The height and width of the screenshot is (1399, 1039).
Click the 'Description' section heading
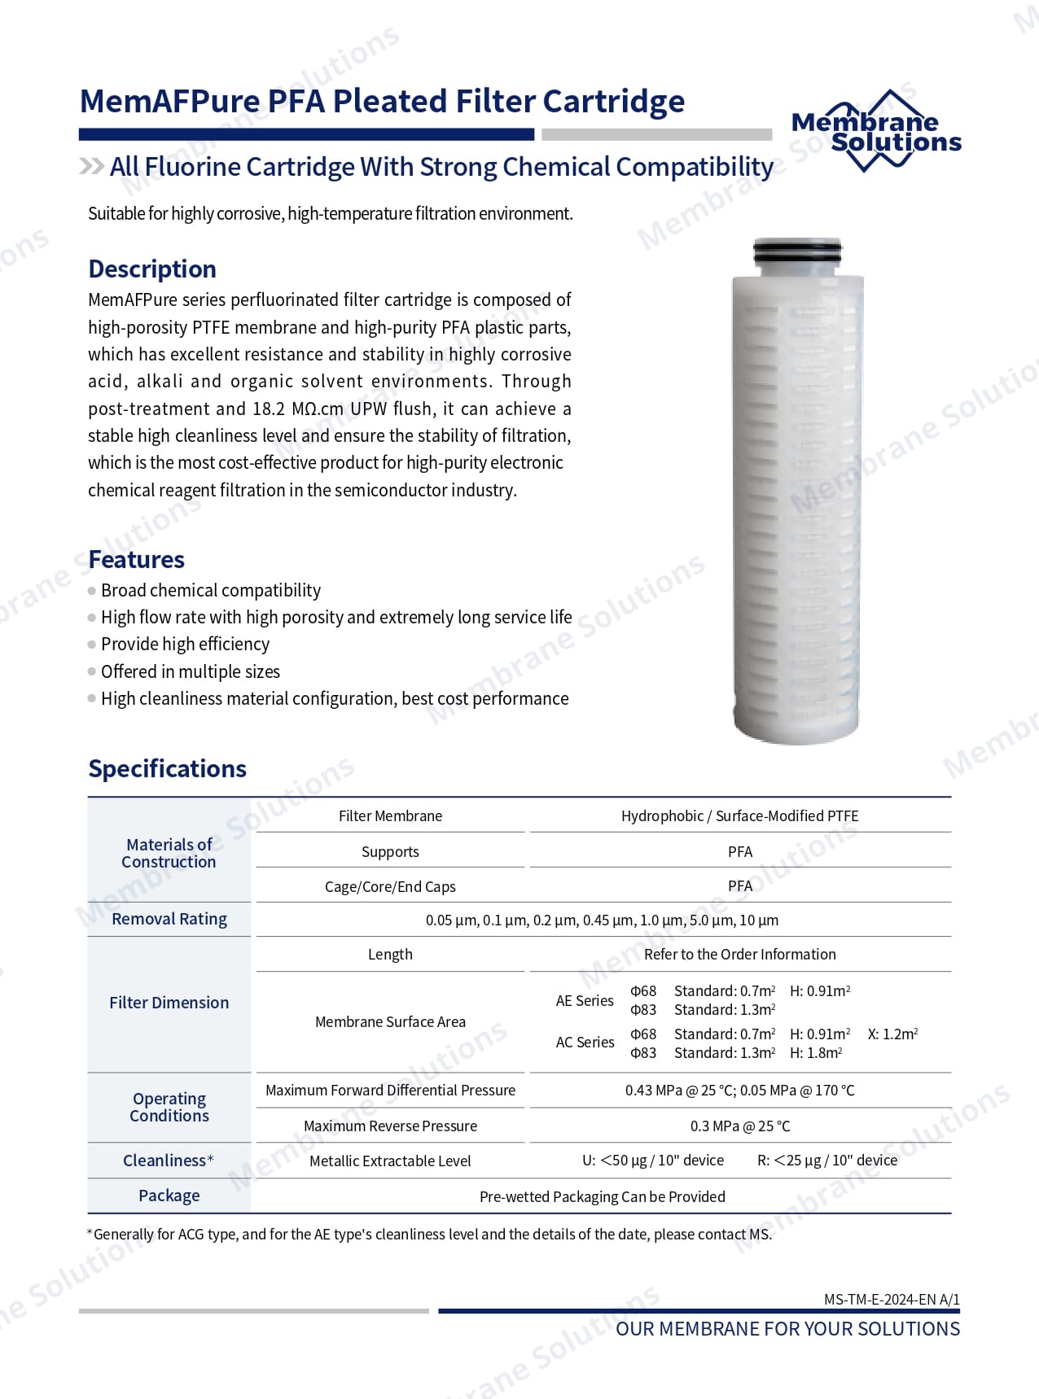(x=152, y=269)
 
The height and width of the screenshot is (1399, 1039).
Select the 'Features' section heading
(x=136, y=559)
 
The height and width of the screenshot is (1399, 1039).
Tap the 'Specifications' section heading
(x=167, y=768)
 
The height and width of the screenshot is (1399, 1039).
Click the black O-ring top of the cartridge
(x=796, y=251)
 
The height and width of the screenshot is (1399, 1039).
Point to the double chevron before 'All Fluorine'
(x=91, y=166)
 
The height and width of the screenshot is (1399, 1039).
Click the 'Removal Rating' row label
(x=169, y=919)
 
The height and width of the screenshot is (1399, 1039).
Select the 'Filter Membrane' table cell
(x=390, y=815)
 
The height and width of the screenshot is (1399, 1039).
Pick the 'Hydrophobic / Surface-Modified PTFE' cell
(x=739, y=815)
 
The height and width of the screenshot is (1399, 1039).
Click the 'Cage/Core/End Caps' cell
(x=390, y=886)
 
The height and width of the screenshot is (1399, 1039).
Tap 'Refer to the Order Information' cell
(x=739, y=954)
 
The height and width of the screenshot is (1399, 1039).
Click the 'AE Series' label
(x=585, y=1000)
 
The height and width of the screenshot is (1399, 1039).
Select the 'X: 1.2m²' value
(x=892, y=1034)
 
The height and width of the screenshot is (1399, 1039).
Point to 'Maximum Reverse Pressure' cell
(x=390, y=1126)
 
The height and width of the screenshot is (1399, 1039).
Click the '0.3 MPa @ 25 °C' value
(x=739, y=1126)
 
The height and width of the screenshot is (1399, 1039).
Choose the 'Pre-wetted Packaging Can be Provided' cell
(x=602, y=1196)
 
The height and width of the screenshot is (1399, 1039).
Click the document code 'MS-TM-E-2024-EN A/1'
(x=892, y=1299)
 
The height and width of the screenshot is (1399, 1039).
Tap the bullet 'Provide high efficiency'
(x=185, y=644)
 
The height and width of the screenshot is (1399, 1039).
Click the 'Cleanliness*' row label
(x=169, y=1161)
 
